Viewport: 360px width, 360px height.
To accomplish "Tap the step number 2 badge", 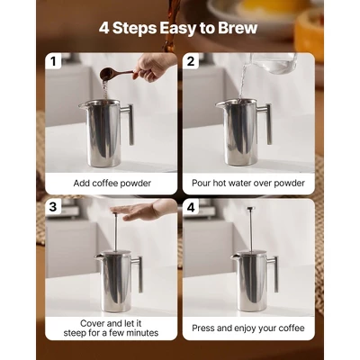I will pos(191,61).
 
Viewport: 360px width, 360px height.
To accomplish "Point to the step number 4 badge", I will pos(191,206).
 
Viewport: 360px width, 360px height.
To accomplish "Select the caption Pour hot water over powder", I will pos(248,183).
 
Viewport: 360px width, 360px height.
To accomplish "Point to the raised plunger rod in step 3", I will pos(113,236).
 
